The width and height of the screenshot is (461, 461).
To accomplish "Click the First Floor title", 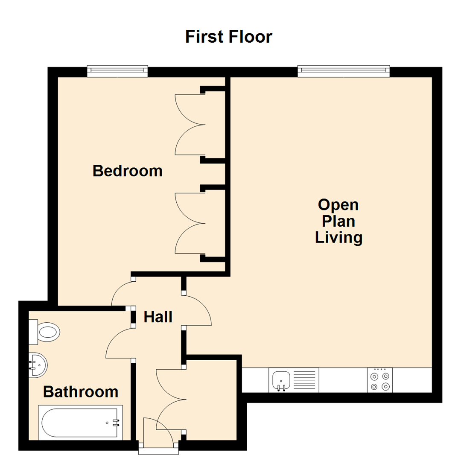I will coord(228,37).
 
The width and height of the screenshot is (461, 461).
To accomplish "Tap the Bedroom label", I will coord(127,171).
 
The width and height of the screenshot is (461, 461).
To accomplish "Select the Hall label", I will coord(158,317).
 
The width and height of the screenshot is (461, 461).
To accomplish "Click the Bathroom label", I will coord(81,391).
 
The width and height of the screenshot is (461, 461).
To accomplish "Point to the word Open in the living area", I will coord(338,205).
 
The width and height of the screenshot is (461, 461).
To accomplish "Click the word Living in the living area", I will coord(338,237).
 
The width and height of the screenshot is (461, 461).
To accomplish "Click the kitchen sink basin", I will coord(281,378).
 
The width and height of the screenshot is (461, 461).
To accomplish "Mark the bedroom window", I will coord(117,71).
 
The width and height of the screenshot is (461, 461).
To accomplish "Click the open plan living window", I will coord(344,71).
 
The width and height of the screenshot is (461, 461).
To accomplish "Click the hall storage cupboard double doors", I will coord(171,400).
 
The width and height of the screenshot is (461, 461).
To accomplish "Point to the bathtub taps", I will coord(115,423).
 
